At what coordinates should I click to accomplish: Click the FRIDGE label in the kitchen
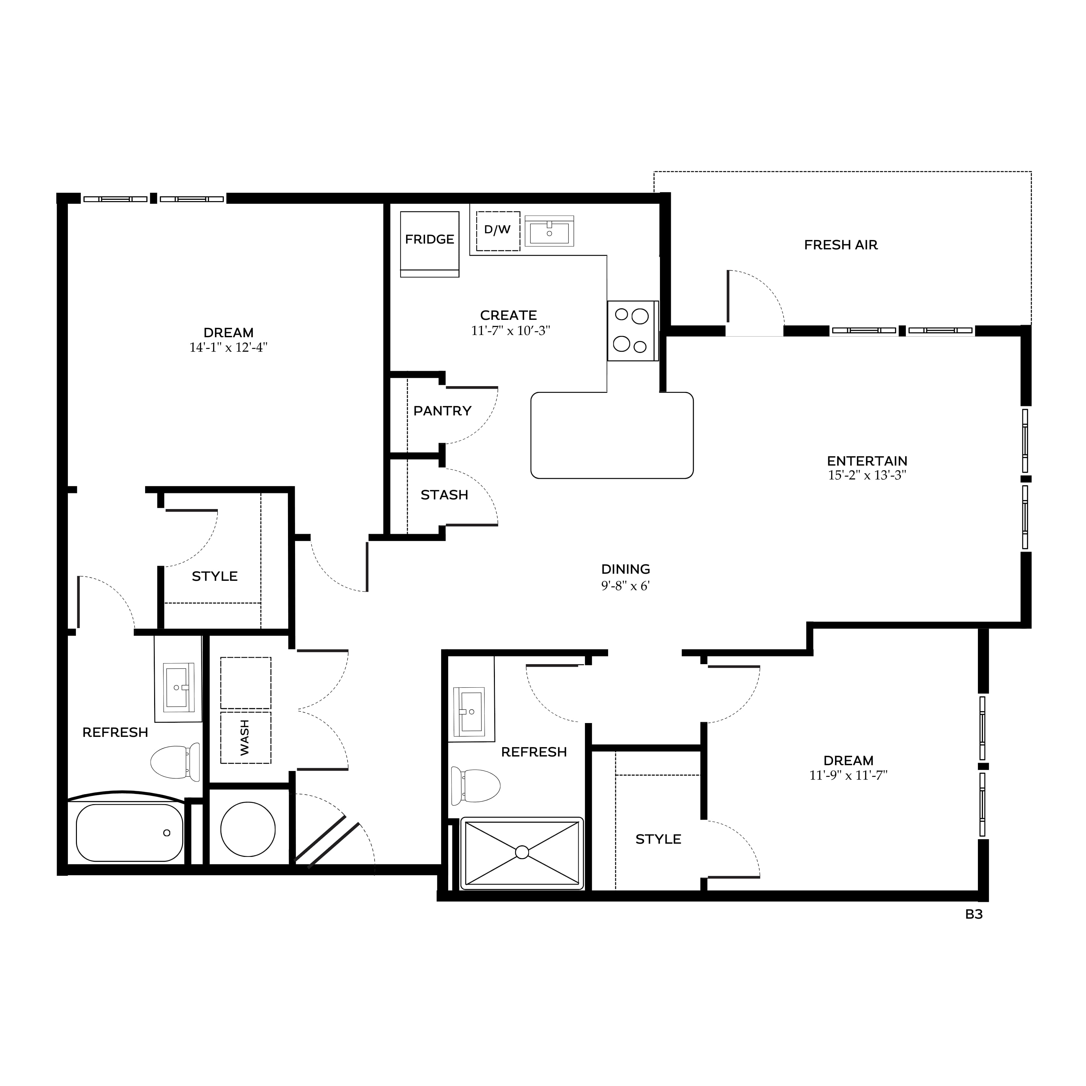(x=430, y=239)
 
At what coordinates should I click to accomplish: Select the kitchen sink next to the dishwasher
(x=549, y=231)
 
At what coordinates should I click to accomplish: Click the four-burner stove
(x=632, y=330)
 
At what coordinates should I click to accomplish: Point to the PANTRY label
(x=442, y=411)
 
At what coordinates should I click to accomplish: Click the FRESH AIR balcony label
(x=841, y=245)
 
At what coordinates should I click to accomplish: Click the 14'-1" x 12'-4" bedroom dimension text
(x=228, y=348)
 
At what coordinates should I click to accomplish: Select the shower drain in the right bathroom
(x=522, y=852)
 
